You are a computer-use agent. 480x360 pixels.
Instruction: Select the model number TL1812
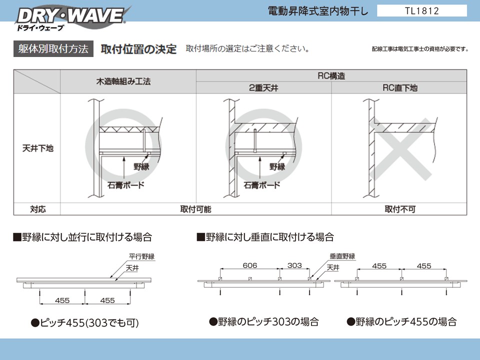pos(422,11)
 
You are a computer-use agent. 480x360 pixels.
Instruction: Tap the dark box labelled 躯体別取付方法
pos(53,49)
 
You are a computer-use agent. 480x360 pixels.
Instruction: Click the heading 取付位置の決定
pos(138,49)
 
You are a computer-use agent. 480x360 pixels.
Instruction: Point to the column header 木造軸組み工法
pos(123,81)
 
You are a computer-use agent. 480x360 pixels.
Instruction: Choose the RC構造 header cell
pos(331,75)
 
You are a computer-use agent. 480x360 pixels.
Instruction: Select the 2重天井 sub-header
pos(263,88)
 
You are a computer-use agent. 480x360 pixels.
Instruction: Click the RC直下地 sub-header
pos(400,88)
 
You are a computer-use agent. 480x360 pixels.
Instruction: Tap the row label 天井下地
pos(37,148)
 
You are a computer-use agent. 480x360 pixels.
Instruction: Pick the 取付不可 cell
pos(400,209)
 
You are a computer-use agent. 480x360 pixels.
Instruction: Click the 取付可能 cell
pos(195,209)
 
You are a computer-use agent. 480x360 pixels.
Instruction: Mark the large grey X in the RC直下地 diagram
pos(400,148)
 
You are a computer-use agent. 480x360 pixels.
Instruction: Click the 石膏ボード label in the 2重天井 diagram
pos(261,185)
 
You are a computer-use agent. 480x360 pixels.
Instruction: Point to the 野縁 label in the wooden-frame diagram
pos(141,167)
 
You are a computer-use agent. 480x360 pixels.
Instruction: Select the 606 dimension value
pos(250,265)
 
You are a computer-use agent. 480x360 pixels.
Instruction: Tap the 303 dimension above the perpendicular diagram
pos(294,265)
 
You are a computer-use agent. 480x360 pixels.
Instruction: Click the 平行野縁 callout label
pos(141,256)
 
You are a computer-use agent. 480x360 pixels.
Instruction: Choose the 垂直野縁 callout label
pos(342,256)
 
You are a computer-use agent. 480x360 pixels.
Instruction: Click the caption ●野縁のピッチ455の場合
pos(401,321)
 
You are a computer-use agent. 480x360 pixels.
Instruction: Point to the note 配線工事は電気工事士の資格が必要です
pos(420,49)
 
